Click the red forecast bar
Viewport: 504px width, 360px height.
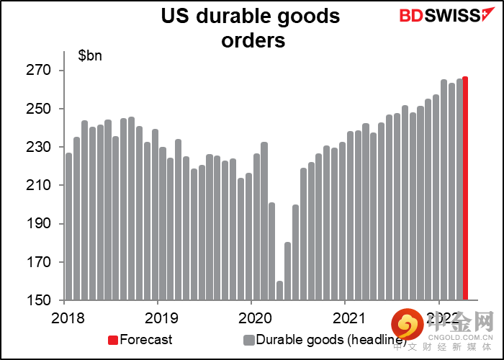tap(466, 189)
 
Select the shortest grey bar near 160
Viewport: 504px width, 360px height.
tap(279, 290)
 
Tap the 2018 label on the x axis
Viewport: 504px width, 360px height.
tap(65, 317)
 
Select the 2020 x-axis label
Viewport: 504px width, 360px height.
tap(253, 317)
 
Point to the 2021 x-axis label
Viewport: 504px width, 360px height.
tap(347, 317)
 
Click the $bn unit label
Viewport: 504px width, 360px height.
tap(90, 55)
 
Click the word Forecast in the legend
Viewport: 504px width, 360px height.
tap(146, 340)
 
